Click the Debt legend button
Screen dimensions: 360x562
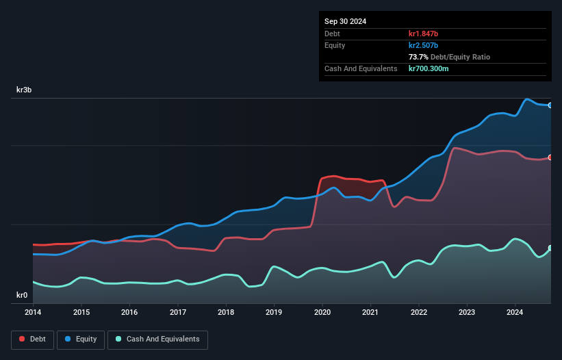pos(31,339)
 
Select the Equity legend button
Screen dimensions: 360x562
pos(81,339)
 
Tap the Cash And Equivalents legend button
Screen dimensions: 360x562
pos(157,339)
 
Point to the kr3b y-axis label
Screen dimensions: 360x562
pos(25,90)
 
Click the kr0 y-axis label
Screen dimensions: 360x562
pos(22,296)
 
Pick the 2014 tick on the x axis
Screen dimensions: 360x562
pos(33,312)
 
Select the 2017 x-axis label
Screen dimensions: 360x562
pos(177,312)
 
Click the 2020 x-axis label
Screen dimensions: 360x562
pos(322,312)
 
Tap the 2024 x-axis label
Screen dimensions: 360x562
pos(515,312)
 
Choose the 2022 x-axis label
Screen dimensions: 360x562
pos(419,312)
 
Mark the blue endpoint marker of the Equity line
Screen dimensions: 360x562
pos(550,105)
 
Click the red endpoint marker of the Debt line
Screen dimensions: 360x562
pos(550,157)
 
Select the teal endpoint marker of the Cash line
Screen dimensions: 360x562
pos(550,248)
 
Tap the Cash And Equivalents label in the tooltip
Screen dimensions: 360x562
pos(361,68)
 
